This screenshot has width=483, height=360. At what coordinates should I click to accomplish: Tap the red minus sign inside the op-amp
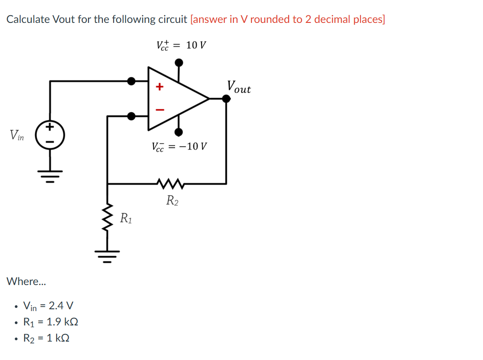point(159,109)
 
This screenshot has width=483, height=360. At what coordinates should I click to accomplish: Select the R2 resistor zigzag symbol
point(169,183)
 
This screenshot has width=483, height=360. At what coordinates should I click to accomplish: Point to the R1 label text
point(126,219)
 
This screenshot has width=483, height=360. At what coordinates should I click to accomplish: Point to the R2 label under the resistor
point(172,200)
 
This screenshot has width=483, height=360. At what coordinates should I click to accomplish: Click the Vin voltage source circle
point(50,134)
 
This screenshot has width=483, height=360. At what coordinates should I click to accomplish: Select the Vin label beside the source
point(18,134)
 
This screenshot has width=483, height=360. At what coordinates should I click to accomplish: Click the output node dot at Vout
point(226,99)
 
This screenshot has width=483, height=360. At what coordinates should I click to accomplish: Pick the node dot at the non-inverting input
point(131,81)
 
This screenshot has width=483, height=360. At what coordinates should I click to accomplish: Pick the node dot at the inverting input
point(131,116)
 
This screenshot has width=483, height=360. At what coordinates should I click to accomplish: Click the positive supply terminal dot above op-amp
point(179,61)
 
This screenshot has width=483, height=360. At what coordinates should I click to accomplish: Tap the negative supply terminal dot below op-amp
point(179,132)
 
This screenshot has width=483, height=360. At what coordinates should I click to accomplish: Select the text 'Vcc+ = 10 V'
point(181,45)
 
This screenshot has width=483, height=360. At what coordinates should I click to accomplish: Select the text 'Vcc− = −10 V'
point(179,147)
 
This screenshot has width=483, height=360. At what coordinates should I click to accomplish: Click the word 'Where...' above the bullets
point(26,281)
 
